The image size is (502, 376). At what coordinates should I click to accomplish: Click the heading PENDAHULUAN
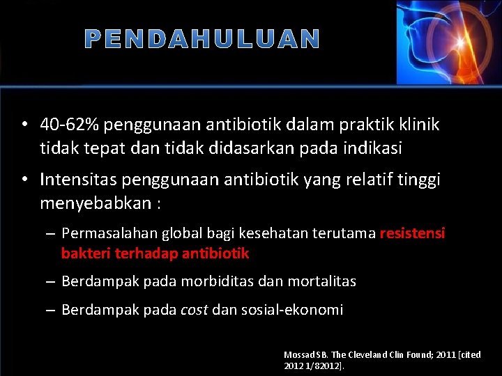[202, 40]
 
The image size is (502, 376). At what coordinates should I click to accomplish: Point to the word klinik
[418, 125]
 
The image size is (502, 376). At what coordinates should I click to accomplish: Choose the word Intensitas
[78, 180]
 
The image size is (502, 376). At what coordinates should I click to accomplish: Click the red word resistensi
[412, 233]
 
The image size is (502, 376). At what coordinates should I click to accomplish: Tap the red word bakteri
[82, 253]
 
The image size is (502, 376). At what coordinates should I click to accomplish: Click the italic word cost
[194, 310]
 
